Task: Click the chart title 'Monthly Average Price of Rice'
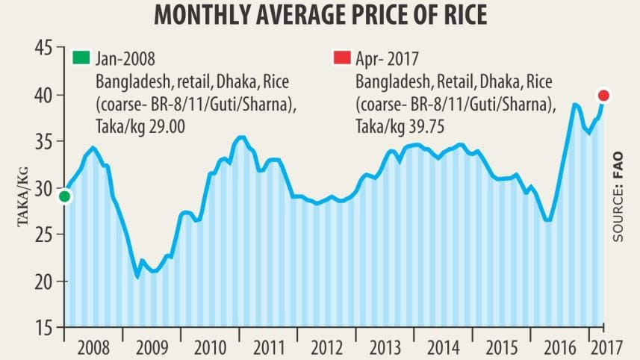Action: pos(320,15)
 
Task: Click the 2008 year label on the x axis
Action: pos(93,347)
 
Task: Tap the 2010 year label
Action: pos(210,347)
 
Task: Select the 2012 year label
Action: pos(326,347)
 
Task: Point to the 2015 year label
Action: pos(501,347)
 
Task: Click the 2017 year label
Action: pos(606,347)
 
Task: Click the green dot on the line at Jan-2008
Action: pos(64,196)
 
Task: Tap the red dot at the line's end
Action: pos(604,95)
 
